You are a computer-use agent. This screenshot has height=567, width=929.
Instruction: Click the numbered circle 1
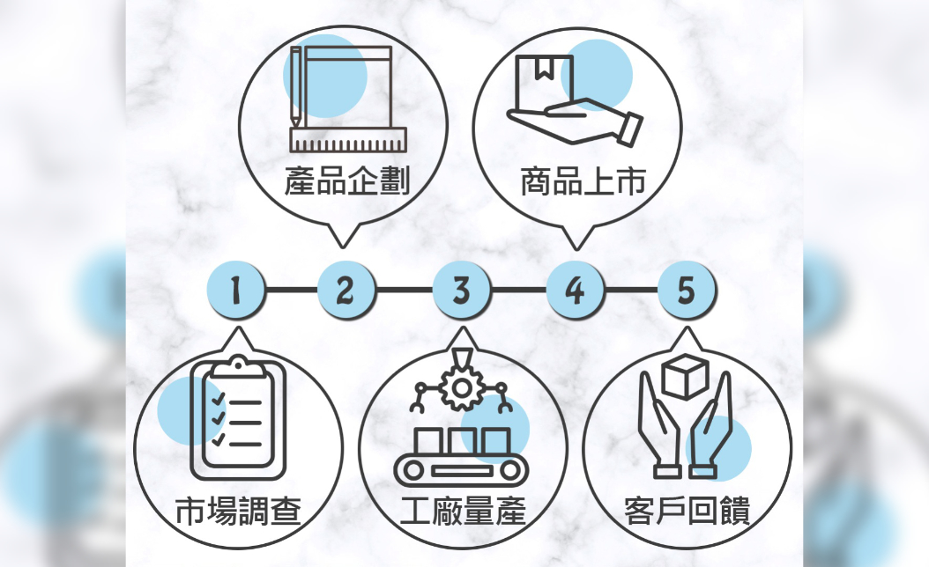click(235, 290)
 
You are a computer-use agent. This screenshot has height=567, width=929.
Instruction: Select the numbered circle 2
click(346, 290)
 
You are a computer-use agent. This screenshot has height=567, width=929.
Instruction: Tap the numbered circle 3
click(461, 290)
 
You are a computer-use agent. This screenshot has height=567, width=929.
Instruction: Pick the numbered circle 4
click(575, 290)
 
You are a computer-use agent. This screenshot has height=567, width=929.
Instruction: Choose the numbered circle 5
click(687, 290)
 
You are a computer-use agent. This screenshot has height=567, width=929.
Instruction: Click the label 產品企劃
click(346, 182)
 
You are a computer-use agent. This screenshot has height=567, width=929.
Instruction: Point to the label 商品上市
click(583, 182)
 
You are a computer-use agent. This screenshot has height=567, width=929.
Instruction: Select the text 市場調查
click(238, 511)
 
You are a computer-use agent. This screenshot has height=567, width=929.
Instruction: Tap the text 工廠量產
click(463, 511)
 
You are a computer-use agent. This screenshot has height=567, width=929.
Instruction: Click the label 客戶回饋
click(687, 511)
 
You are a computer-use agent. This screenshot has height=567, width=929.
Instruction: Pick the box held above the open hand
click(545, 78)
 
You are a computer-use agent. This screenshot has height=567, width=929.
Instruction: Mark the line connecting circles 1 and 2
click(291, 290)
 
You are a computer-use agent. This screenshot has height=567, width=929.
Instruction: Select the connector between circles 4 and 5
click(631, 290)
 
